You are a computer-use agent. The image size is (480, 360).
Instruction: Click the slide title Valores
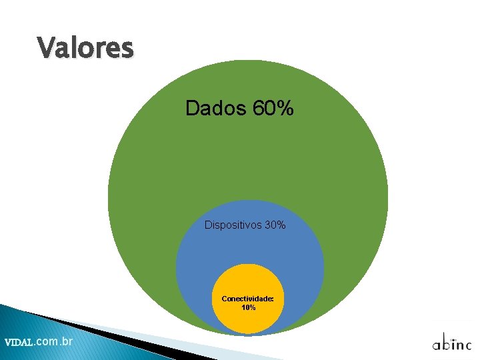pos(85,48)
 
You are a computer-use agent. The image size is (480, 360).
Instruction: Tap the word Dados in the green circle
pos(216,108)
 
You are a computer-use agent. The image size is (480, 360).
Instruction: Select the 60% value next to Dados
pos(273,108)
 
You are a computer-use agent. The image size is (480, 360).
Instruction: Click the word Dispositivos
pos(233,225)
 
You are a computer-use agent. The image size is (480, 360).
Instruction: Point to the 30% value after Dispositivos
pos(275,225)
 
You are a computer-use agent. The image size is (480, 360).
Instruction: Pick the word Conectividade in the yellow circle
pos(247,299)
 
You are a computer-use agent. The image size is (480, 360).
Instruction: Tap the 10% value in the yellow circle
pos(248,307)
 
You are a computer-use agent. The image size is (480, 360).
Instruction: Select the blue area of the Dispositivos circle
pos(200,267)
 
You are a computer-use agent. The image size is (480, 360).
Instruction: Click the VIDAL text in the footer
pos(18,343)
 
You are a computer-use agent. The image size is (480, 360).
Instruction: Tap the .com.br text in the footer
pos(53,341)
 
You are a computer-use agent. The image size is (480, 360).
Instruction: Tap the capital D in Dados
pos(192,108)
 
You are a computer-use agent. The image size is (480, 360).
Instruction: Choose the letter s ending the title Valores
pos(127,50)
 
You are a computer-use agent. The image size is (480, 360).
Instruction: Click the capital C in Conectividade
pos(225,299)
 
